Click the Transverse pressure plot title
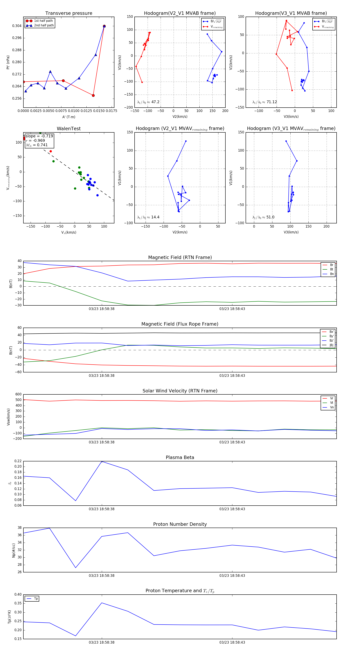pos(69,13)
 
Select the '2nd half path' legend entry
pos(44,25)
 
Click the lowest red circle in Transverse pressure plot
pos(93,96)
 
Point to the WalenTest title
pos(69,129)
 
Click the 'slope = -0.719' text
pos(39,136)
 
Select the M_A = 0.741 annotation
pos(37,145)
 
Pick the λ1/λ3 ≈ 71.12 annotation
pos(264,102)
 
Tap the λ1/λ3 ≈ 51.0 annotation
pos(263,217)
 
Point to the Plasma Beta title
pos(180,458)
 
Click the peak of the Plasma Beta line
pos(102,461)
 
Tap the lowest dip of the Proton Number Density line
pos(76,568)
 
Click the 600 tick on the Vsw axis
pos(18,394)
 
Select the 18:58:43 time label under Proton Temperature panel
pos(232,642)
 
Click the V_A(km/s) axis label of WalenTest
pos(69,232)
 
